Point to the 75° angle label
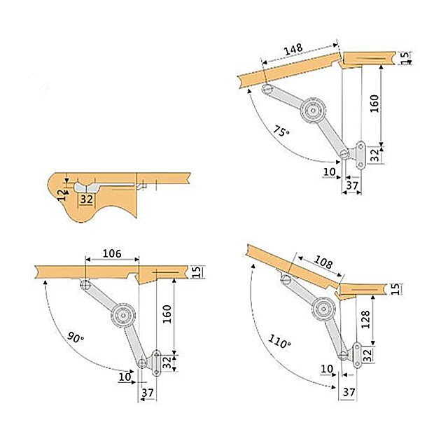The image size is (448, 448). click(x=282, y=131)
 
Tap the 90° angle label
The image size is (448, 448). click(x=75, y=337)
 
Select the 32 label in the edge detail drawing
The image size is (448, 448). click(x=87, y=199)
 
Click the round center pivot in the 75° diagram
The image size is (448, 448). click(x=312, y=110)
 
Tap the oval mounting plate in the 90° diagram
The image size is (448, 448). click(x=157, y=362)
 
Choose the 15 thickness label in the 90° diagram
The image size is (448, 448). click(x=197, y=271)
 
